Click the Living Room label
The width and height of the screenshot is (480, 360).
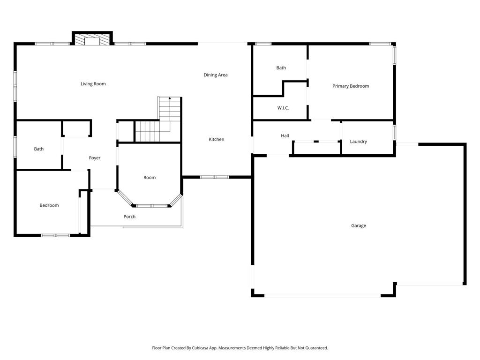(x=93, y=84)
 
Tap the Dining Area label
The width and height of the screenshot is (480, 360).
(x=216, y=75)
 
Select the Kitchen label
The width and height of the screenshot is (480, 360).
(x=217, y=139)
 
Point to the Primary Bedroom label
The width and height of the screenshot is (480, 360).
(x=351, y=86)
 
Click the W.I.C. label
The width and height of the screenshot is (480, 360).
(x=283, y=108)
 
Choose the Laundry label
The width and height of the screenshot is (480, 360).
(x=358, y=142)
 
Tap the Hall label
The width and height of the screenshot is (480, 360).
(x=285, y=135)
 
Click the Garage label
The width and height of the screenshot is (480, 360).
(x=359, y=226)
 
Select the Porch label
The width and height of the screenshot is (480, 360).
(x=129, y=217)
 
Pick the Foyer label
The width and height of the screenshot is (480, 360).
(x=95, y=158)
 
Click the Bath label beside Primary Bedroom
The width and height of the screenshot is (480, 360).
(x=281, y=68)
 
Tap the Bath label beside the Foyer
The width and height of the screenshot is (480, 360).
(x=38, y=149)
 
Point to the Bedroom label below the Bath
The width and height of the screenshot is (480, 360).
(x=49, y=205)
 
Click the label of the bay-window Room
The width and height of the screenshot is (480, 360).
(x=150, y=178)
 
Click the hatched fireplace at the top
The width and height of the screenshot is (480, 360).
(x=92, y=40)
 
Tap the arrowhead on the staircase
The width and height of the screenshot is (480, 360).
(x=170, y=98)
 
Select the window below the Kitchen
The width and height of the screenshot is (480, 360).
(x=215, y=177)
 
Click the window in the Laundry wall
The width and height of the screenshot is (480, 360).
(x=394, y=132)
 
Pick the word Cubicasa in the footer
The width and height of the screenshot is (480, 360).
(x=200, y=348)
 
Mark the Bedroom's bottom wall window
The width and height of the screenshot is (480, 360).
(x=55, y=235)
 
